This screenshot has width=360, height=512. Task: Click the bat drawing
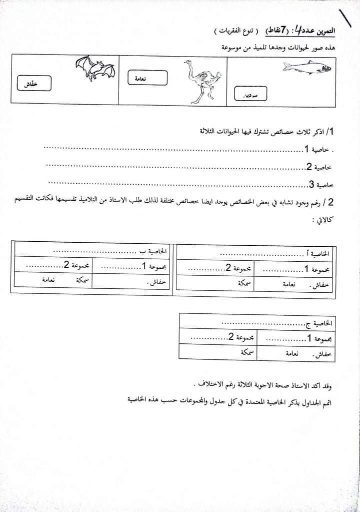pos(95,68)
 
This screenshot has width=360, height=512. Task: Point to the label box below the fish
pos(250,94)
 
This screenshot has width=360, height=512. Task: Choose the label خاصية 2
pos(317,167)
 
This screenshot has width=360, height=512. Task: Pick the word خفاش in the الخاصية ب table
pos(156,282)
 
